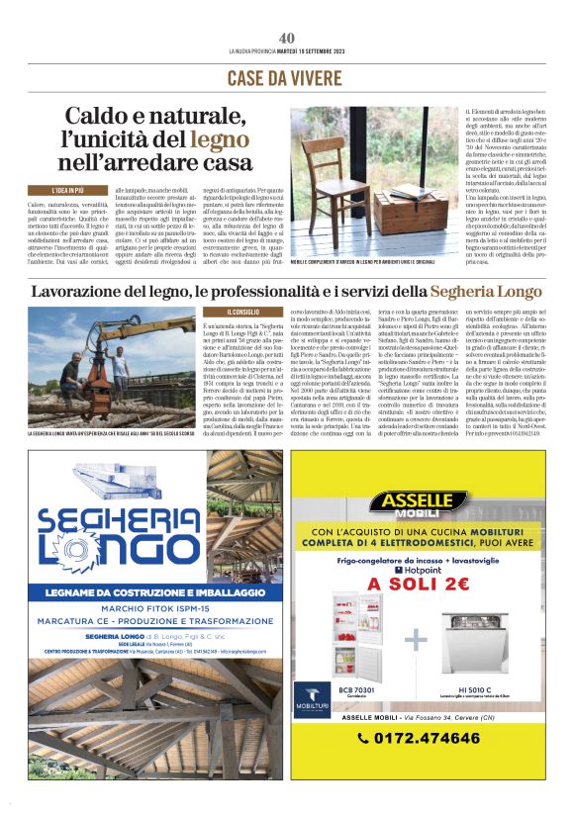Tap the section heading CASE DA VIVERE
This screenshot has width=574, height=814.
[286, 77]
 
